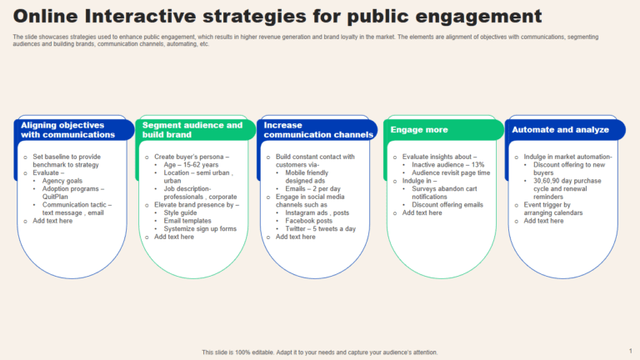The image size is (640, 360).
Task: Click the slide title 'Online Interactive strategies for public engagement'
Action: tap(277, 16)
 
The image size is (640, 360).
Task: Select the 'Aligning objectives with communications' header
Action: tap(68, 129)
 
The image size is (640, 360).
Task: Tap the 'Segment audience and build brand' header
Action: tap(192, 129)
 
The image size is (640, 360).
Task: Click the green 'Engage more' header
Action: tap(419, 130)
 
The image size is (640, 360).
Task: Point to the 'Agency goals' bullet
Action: tap(62, 181)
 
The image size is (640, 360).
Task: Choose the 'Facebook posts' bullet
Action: tap(308, 221)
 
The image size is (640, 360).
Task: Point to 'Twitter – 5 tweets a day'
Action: tap(320, 228)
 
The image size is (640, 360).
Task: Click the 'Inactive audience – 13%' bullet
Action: tap(447, 165)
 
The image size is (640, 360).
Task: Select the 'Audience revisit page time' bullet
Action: tap(451, 172)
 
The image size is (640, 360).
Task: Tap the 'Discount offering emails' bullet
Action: tap(447, 204)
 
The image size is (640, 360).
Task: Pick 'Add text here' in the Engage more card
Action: tap(422, 212)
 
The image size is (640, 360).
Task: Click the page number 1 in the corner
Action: tap(630, 351)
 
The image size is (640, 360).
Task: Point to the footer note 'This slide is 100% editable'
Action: tap(320, 352)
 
